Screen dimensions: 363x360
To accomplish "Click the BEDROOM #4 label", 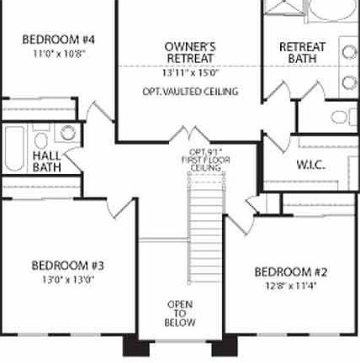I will point(57,39).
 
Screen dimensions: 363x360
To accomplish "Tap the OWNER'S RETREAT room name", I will point(190,51).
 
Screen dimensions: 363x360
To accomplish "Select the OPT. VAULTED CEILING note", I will point(190,91).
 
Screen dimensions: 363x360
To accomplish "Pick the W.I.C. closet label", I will point(310,165).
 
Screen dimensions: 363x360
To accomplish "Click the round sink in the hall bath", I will point(69,132).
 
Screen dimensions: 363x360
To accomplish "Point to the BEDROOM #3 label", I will point(67,266).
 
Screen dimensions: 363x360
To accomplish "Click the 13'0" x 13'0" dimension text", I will point(67,280).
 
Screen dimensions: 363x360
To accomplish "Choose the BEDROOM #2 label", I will point(290,271).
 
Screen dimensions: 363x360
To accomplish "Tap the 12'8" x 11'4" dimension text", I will point(290,285).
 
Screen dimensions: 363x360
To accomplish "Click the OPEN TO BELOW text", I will point(180,313).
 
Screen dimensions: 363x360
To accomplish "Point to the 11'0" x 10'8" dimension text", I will point(57,53).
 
